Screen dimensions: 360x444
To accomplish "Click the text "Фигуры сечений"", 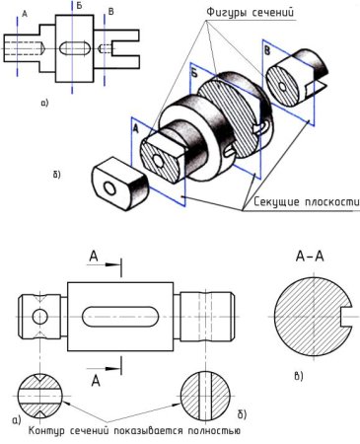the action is tap(250, 13).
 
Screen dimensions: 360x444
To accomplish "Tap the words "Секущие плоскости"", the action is tap(306, 201).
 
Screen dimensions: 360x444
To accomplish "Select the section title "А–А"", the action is tap(310, 257).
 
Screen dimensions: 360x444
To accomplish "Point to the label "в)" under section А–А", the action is tap(299, 376).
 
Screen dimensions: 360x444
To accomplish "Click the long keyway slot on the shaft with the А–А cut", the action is tap(120, 317).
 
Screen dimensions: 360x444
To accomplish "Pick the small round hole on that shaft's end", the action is tap(40, 317).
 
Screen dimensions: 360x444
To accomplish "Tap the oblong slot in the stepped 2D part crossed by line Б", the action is tap(75, 48).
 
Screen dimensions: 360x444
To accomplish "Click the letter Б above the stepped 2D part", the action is tap(79, 7).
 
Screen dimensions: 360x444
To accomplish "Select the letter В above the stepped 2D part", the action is tap(111, 12).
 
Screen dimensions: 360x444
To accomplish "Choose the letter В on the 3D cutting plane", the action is tap(267, 51).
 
